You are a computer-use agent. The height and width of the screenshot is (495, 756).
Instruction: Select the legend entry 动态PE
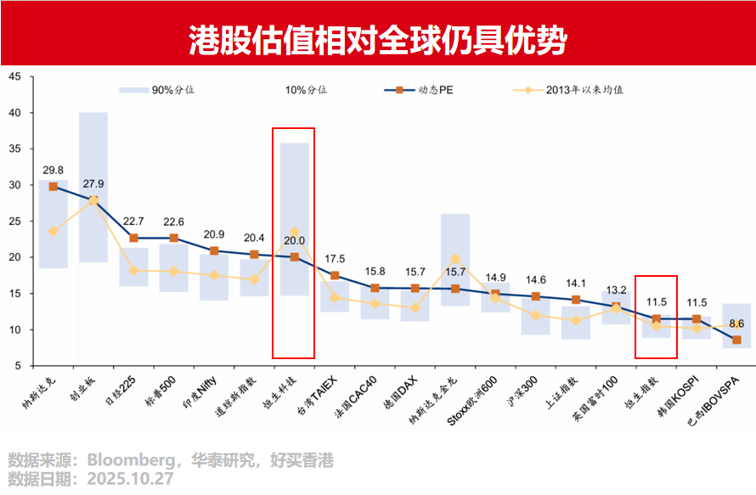coord(441,89)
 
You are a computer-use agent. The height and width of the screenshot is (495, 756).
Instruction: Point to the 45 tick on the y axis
coord(16,76)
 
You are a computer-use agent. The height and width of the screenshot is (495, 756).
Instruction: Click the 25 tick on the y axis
coord(16,221)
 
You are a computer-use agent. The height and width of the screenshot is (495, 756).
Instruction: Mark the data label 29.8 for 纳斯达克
coord(53,170)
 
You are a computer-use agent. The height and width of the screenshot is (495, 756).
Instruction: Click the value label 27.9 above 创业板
coord(93,183)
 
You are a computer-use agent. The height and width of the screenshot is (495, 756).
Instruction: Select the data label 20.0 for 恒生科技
coord(294,240)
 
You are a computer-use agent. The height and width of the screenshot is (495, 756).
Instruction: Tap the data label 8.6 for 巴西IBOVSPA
coord(736,323)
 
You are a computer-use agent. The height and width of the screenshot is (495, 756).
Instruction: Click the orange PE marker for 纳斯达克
coord(53,186)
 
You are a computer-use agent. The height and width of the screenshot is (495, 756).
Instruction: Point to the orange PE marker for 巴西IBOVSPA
coord(736,340)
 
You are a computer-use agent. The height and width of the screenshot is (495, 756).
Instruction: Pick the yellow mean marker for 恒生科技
coord(294,232)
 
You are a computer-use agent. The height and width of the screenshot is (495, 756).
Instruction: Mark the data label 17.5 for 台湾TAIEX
coord(335,259)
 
